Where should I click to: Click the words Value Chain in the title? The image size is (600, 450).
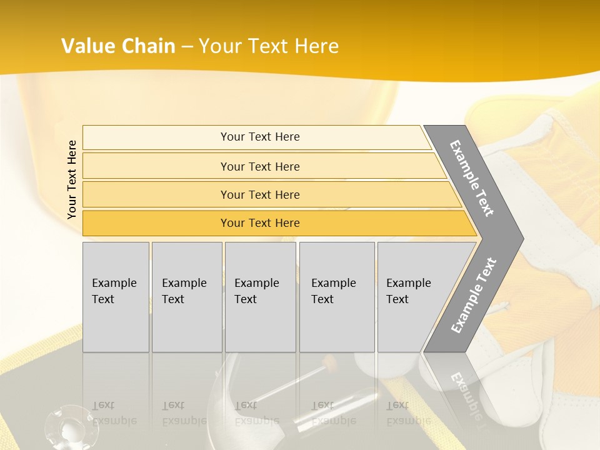pyautogui.click(x=118, y=46)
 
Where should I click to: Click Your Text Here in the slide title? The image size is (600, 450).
pyautogui.click(x=269, y=46)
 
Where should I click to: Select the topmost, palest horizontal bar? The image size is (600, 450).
pyautogui.click(x=260, y=137)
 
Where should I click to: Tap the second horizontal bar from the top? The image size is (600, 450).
pyautogui.click(x=260, y=166)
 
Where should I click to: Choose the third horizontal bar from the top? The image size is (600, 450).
pyautogui.click(x=260, y=194)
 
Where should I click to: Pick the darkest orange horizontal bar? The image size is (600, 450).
pyautogui.click(x=260, y=223)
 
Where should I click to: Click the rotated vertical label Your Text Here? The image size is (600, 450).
pyautogui.click(x=72, y=179)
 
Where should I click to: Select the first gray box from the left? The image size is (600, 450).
pyautogui.click(x=116, y=296)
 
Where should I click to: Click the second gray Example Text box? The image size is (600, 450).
pyautogui.click(x=186, y=296)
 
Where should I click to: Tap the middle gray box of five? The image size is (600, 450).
pyautogui.click(x=260, y=296)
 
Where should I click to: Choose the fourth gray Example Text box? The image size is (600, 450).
pyautogui.click(x=336, y=296)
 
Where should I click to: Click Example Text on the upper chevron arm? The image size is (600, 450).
pyautogui.click(x=472, y=178)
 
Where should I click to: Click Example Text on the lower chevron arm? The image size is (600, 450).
pyautogui.click(x=474, y=295)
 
